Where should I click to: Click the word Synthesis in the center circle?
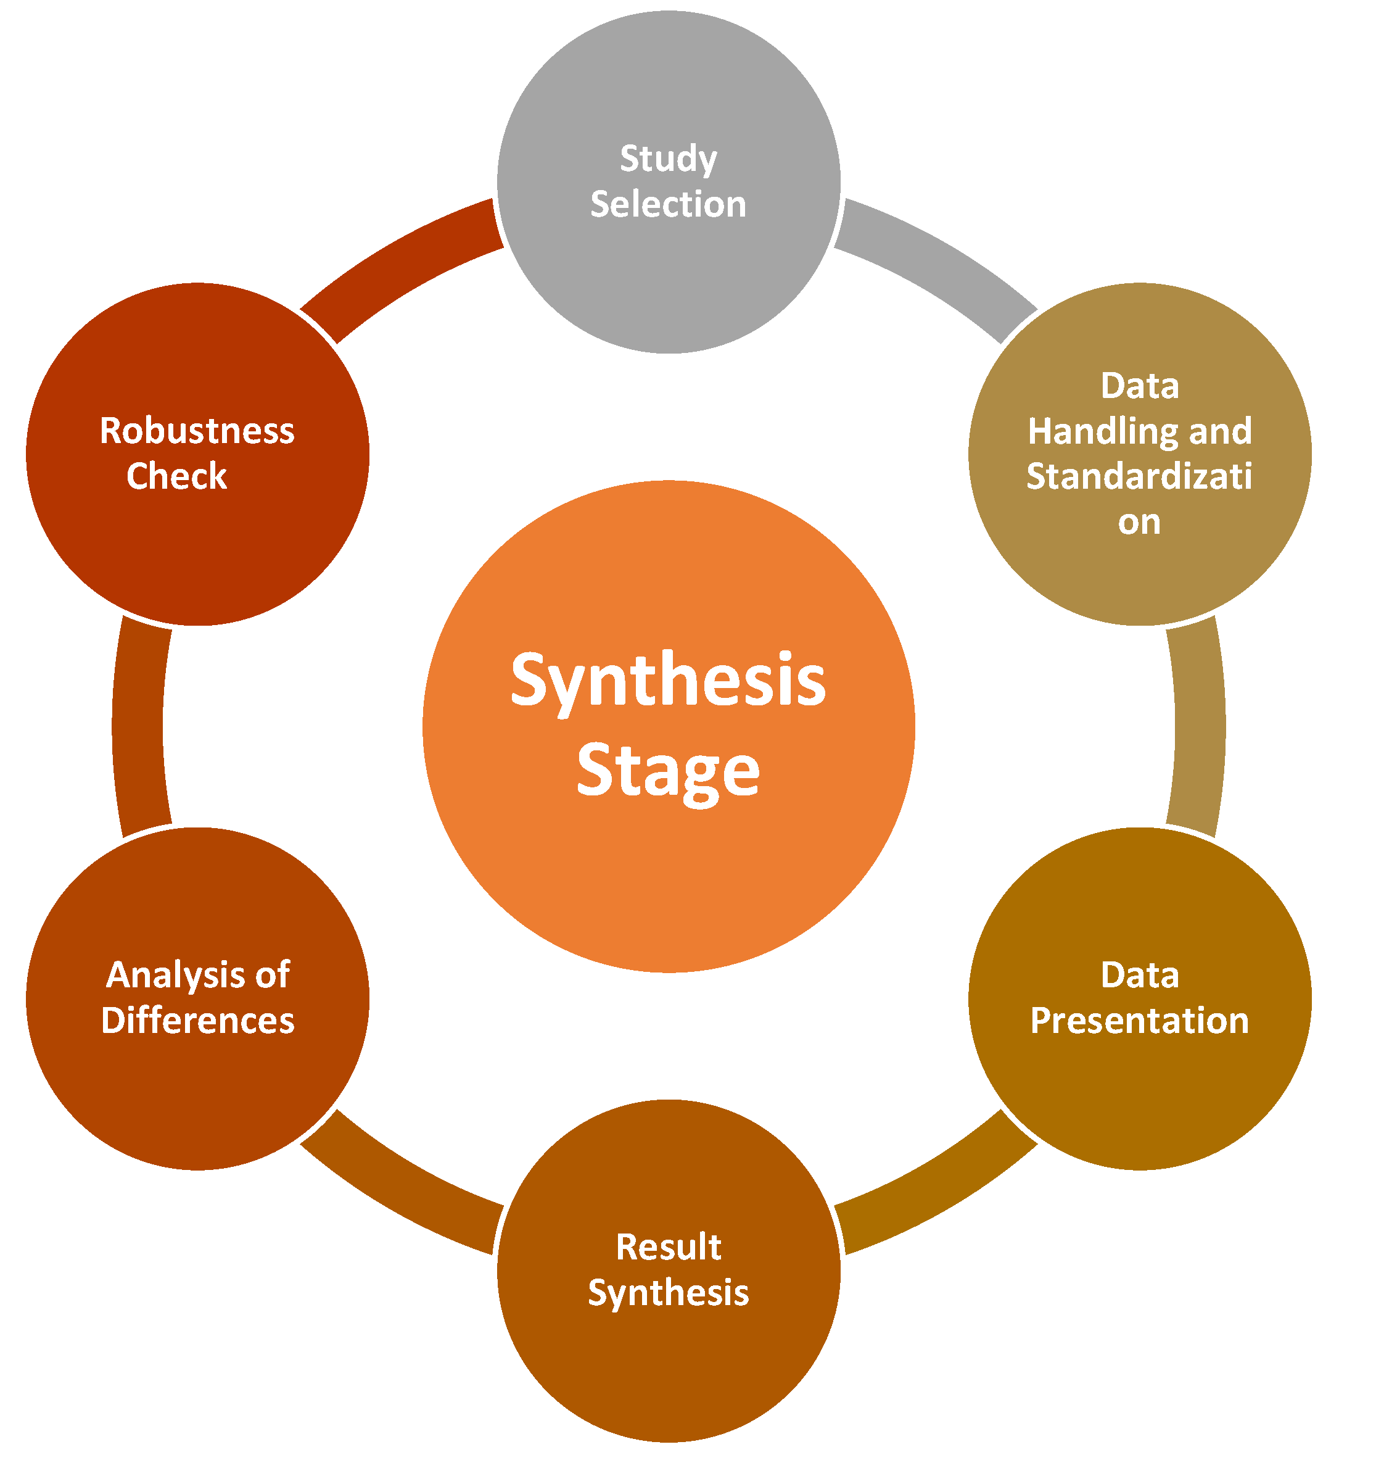[x=668, y=681]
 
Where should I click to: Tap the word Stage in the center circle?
[x=668, y=771]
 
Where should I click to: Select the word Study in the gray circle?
[x=668, y=159]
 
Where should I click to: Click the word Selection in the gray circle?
[x=668, y=204]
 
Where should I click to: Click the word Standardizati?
[x=1139, y=477]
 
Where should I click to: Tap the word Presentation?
[x=1139, y=1021]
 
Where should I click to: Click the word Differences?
[x=198, y=1021]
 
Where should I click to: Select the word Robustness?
[x=197, y=431]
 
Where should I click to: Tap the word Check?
[x=176, y=476]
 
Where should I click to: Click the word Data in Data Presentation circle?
[x=1139, y=976]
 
